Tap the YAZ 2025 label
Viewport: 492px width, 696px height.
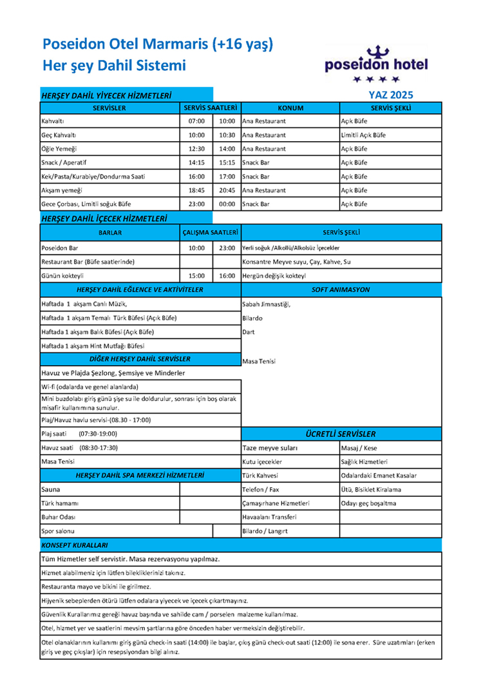pos(386,95)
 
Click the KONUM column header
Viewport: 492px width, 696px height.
pos(290,108)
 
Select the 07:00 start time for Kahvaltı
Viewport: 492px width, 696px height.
pos(196,121)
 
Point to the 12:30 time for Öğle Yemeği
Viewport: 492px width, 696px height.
pos(196,149)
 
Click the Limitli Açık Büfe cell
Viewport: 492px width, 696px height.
pos(363,135)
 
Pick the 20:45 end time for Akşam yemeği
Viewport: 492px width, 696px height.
pos(227,191)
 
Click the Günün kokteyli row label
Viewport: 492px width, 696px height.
pos(64,275)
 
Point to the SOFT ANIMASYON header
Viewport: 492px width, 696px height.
pos(341,290)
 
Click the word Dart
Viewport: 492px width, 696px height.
pos(249,332)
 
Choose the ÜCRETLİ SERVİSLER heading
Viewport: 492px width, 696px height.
pos(341,434)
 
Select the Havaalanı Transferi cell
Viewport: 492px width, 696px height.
pos(269,517)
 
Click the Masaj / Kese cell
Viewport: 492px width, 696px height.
pos(359,448)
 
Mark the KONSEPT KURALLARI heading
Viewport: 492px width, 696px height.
pos(74,545)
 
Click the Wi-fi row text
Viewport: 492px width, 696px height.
pos(90,387)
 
